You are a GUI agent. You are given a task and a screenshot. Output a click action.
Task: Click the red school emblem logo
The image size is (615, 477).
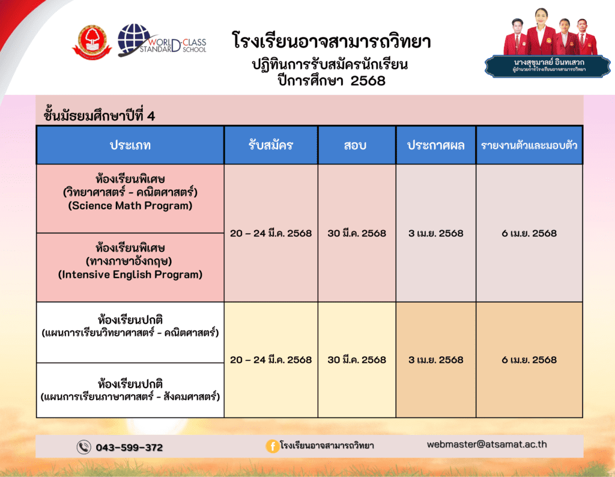click(92, 43)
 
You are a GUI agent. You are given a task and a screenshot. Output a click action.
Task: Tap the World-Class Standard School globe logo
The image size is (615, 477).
click(162, 40)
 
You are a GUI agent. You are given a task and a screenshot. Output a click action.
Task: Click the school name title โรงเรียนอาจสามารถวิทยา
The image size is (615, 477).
click(332, 41)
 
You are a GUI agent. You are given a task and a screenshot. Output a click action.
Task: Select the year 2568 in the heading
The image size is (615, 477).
click(368, 81)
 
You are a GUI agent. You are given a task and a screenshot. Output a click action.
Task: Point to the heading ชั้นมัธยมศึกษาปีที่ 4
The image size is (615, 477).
click(99, 114)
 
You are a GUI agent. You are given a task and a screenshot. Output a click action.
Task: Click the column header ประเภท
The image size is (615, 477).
click(130, 145)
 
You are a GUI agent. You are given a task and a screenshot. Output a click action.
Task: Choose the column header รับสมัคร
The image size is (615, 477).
click(271, 145)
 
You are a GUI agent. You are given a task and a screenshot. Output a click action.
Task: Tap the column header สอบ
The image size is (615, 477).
click(356, 145)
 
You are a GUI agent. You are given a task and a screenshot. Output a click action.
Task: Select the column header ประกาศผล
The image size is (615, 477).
click(436, 145)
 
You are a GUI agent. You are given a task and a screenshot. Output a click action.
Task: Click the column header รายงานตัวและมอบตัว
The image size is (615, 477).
click(529, 145)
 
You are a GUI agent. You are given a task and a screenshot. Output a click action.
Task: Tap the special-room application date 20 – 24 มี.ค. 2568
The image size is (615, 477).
click(271, 234)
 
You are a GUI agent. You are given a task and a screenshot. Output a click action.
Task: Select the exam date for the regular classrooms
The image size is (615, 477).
click(357, 360)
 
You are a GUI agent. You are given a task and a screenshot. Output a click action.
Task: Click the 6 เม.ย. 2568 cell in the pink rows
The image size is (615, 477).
click(529, 234)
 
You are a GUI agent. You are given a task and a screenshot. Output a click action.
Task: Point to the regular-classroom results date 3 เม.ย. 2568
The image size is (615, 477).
click(436, 360)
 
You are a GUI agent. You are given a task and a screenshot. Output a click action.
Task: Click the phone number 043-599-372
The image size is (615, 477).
click(129, 447)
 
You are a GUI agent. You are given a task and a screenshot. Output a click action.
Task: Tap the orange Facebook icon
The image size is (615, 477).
click(272, 446)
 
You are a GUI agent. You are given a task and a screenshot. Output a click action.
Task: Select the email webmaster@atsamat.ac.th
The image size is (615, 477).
click(486, 445)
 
